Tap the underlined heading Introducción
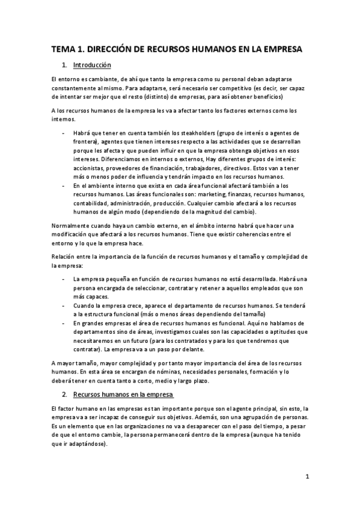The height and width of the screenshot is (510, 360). [91, 64]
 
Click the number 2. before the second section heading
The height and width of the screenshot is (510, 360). [64, 395]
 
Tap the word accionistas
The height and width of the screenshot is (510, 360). [90, 169]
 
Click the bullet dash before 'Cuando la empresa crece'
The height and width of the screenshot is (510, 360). [64, 305]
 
